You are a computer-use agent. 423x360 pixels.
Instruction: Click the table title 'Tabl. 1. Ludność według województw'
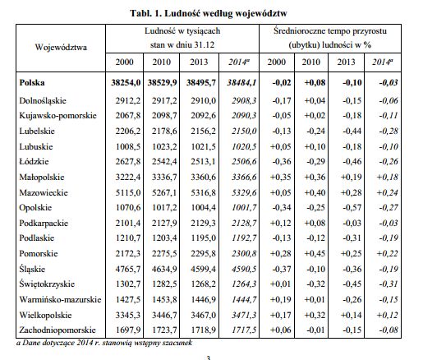209,13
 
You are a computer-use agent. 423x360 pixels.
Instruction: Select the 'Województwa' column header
61,47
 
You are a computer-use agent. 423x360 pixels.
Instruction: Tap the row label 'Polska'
32,82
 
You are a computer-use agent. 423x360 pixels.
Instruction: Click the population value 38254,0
126,82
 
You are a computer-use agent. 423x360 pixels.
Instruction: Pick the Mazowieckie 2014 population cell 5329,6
244,192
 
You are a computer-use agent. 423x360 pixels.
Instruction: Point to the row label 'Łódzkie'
34,161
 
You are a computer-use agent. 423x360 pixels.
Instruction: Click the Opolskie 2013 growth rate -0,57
352,208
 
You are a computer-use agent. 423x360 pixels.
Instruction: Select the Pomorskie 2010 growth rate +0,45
315,253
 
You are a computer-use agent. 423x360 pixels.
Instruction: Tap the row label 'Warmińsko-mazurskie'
60,299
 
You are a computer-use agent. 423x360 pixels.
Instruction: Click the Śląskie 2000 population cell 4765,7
128,269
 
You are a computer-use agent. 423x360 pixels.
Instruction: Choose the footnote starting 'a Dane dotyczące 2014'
104,343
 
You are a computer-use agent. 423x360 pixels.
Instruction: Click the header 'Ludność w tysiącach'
182,30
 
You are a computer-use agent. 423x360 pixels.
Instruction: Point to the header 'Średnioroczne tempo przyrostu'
330,30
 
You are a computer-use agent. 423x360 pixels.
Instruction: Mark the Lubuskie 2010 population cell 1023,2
164,146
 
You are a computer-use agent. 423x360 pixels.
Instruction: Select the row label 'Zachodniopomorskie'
57,330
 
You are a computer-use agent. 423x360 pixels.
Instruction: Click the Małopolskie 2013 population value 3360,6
203,177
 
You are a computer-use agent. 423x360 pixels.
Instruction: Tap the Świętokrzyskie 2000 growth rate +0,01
280,284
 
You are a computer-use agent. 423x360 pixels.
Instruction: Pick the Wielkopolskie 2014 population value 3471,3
244,315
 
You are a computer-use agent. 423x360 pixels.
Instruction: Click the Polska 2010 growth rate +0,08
315,82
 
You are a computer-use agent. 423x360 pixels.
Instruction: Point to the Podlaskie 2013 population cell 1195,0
203,238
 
